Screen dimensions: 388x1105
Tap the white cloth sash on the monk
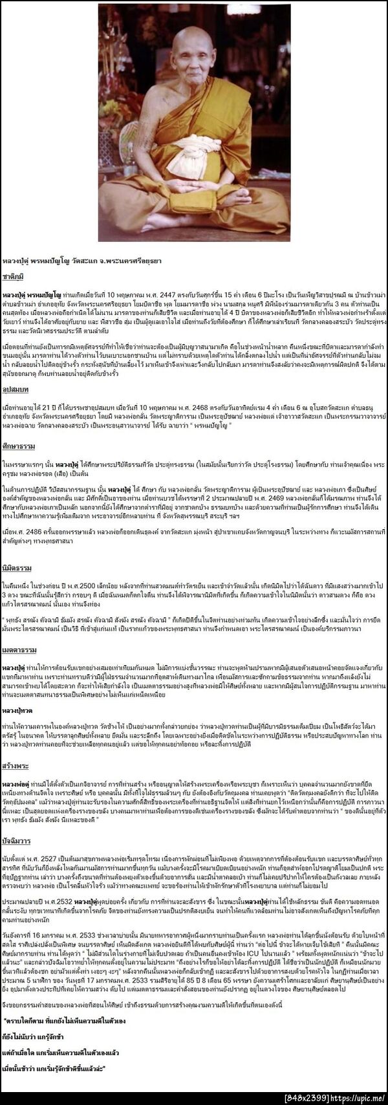tap(195, 147)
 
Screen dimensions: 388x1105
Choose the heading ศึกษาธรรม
tap(16, 446)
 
